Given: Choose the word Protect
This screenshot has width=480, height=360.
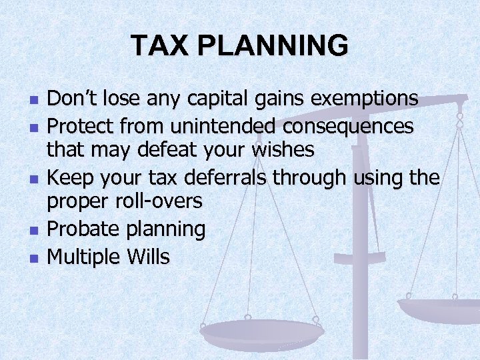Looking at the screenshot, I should click(79, 125).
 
